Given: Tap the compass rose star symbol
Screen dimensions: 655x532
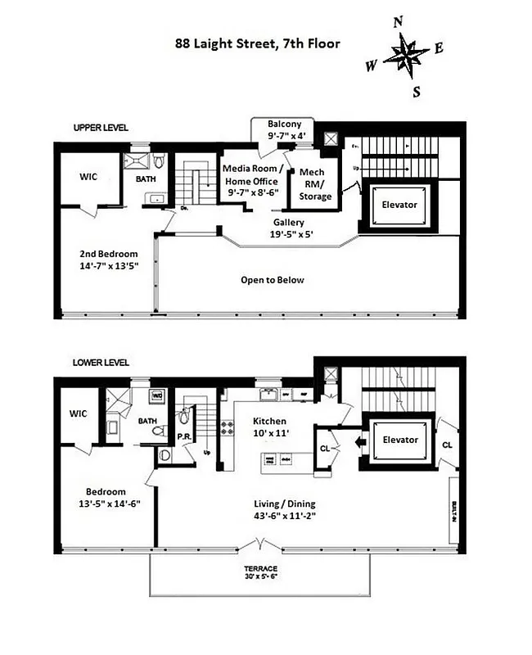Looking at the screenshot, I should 407,56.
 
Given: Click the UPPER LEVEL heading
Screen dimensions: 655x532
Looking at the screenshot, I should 101,128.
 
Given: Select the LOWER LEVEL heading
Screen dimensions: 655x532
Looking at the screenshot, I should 101,363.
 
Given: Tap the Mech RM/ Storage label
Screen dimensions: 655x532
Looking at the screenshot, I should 315,184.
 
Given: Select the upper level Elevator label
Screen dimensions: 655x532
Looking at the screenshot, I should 400,204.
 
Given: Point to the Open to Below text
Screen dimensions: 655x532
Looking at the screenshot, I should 272,280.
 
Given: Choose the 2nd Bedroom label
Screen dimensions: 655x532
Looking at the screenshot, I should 110,260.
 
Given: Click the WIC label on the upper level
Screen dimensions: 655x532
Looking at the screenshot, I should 89,177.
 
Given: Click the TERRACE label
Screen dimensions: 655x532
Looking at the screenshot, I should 260,568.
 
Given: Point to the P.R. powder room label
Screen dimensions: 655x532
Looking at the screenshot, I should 184,437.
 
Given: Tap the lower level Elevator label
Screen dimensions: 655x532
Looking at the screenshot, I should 400,440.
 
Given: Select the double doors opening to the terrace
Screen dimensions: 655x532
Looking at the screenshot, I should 260,545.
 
